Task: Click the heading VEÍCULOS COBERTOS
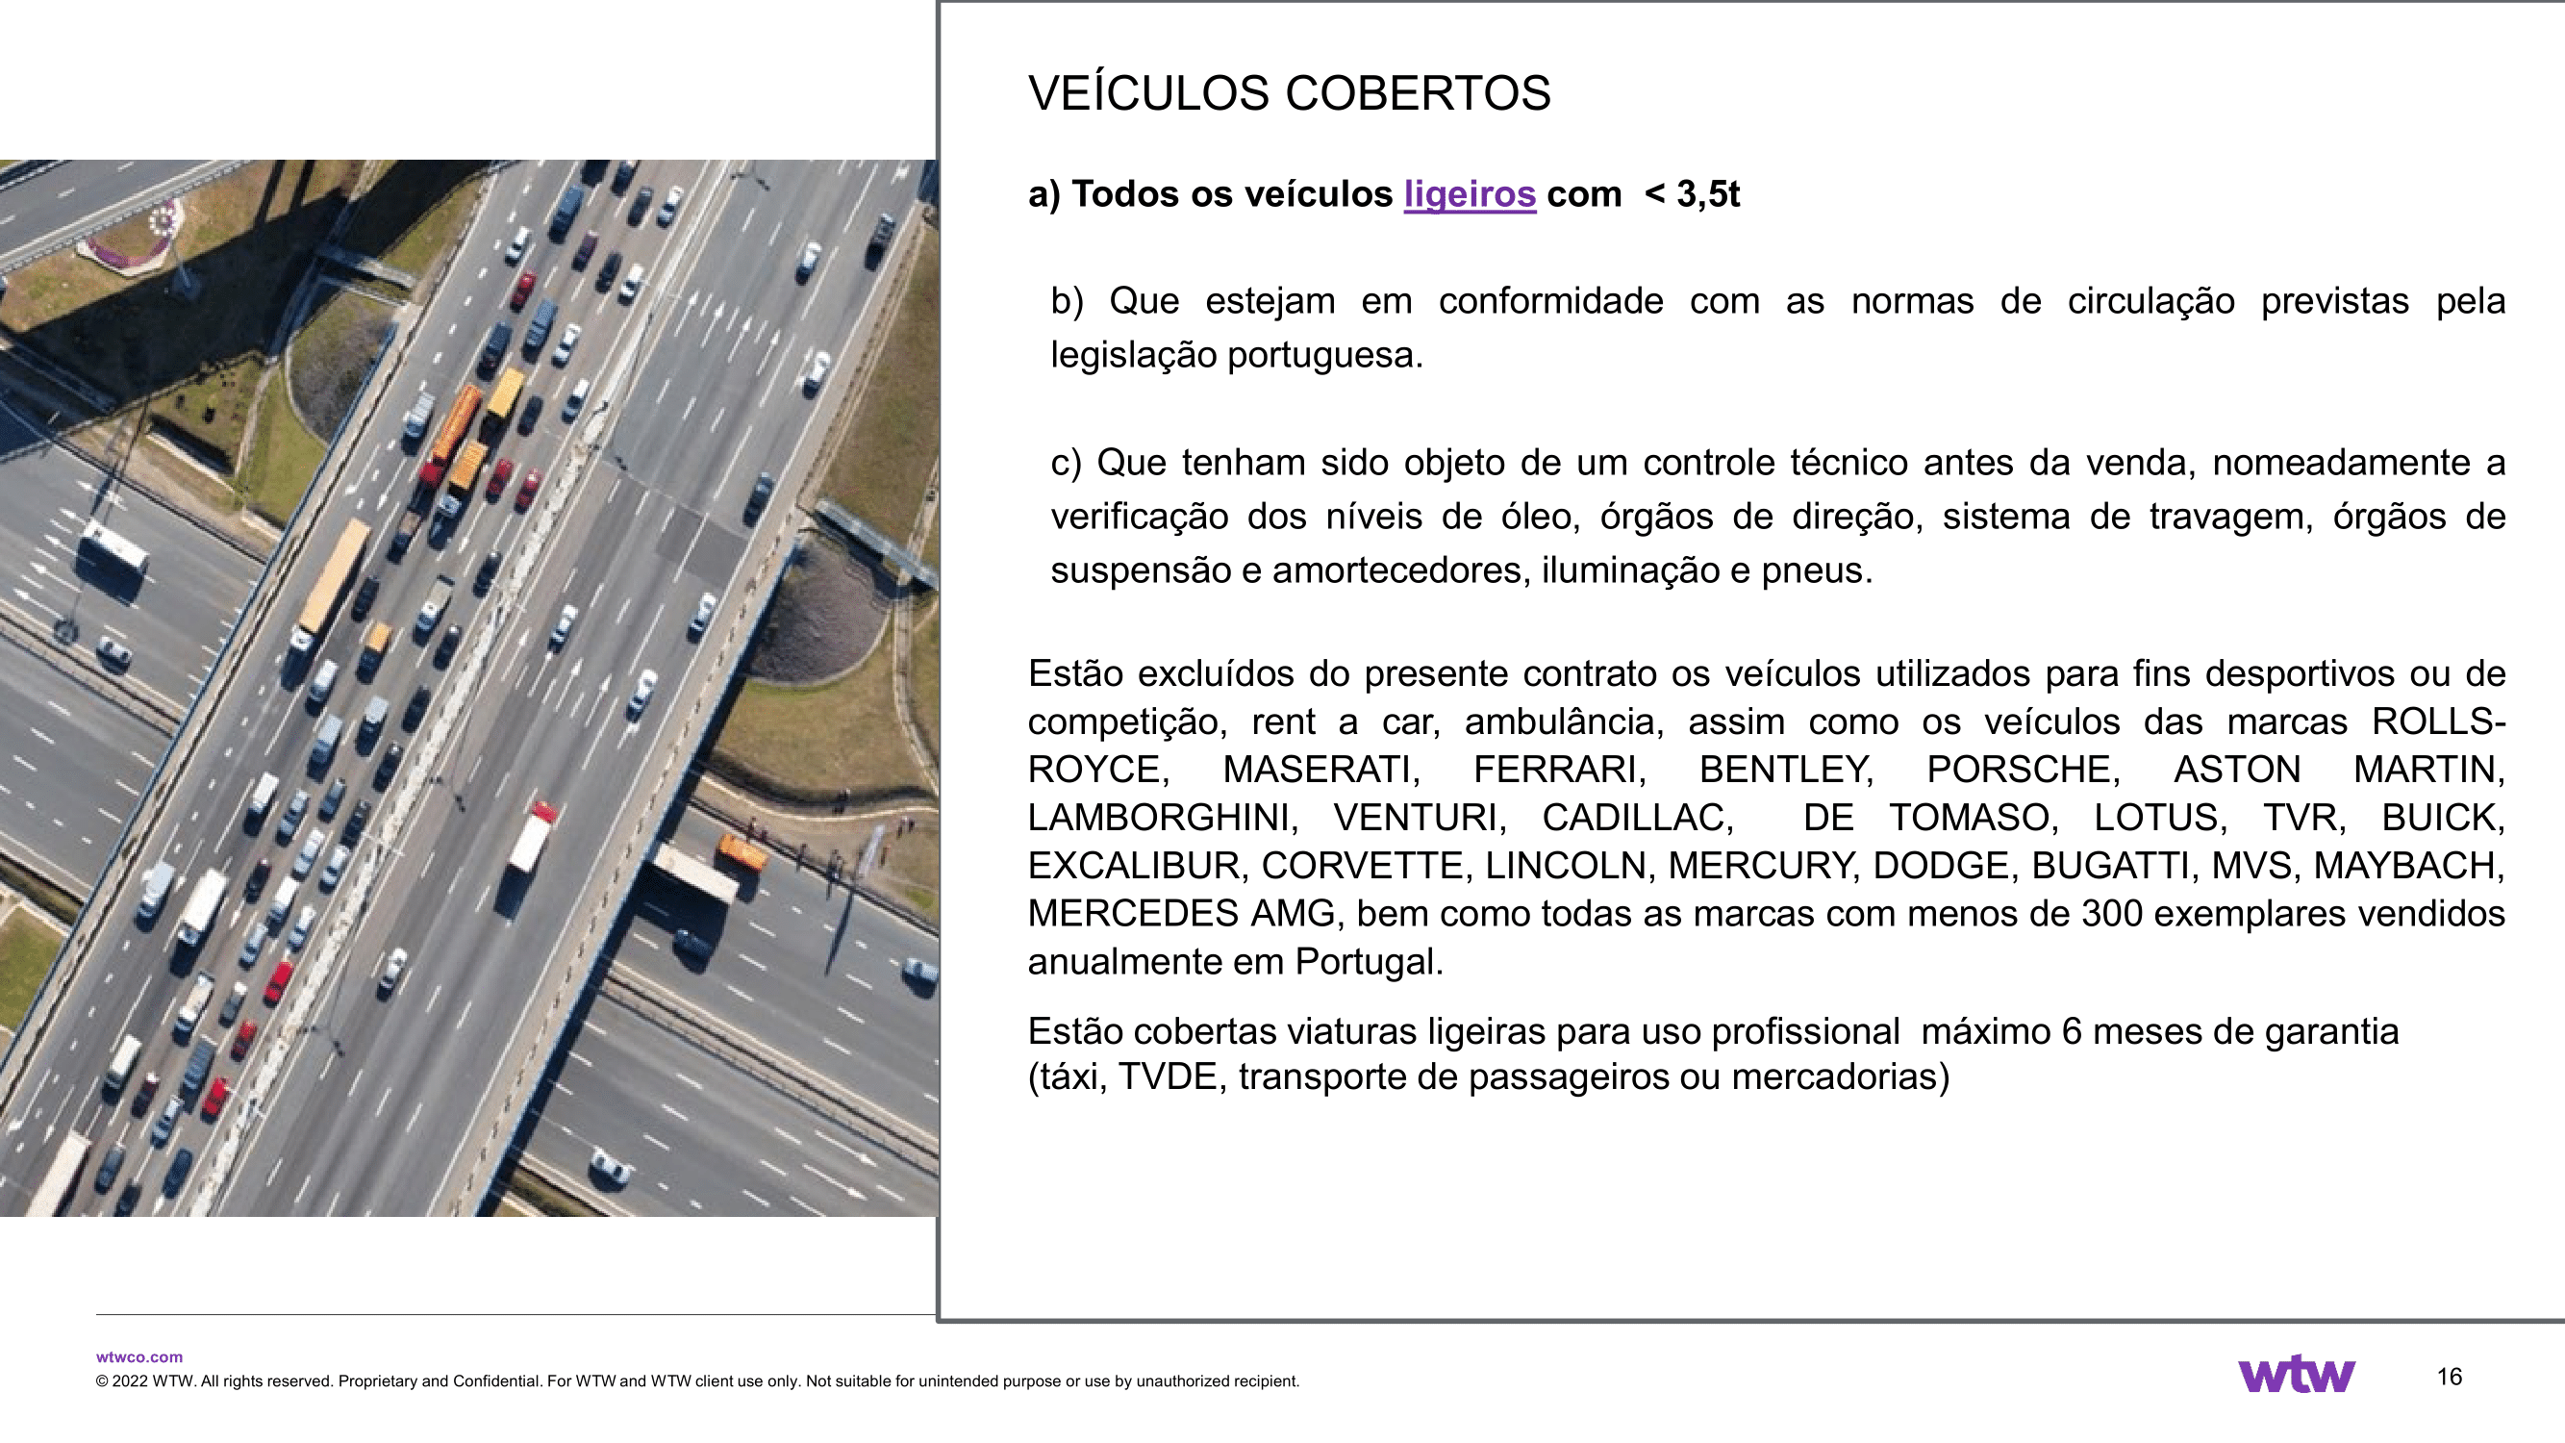click(1289, 93)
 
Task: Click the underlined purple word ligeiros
click(1470, 194)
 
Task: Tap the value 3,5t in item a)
click(1708, 194)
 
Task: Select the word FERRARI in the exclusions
click(1559, 770)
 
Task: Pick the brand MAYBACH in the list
click(2407, 866)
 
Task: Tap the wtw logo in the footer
click(2296, 1376)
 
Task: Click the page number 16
click(2450, 1378)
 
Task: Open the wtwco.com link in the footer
click(139, 1356)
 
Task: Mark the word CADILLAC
click(1637, 818)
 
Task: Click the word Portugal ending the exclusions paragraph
click(1369, 962)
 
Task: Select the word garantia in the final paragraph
click(2331, 1031)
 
